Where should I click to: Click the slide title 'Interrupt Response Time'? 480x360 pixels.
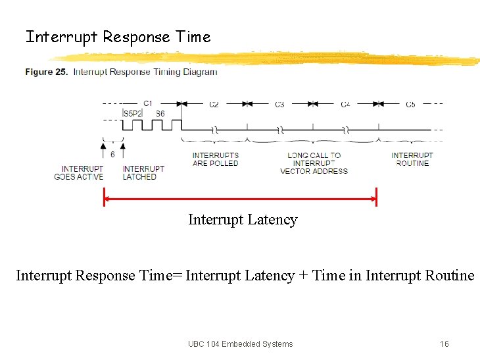coord(118,37)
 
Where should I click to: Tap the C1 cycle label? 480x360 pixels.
coord(148,103)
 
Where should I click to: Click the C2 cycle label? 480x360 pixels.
coord(214,105)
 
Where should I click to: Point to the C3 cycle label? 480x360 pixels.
coord(279,105)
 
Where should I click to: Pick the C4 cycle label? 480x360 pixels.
coord(345,105)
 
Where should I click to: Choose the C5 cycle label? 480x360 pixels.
coord(410,105)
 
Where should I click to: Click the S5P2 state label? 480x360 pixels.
coord(133,114)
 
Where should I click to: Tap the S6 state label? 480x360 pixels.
coord(160,114)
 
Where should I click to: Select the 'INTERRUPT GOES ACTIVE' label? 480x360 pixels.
coord(78,172)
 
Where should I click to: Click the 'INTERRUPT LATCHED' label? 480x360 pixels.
coord(143,172)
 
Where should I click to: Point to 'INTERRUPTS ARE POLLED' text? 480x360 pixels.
coord(215,159)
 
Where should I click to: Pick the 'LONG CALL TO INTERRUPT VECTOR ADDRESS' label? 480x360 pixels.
coord(314,163)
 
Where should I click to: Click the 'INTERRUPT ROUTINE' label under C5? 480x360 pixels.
coord(412,159)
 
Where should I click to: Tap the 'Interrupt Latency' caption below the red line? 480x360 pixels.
coord(243,220)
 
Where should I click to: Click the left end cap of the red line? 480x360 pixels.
coord(104,197)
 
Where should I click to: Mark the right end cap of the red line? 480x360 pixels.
coord(376,197)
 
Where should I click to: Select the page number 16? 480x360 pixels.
coord(444,344)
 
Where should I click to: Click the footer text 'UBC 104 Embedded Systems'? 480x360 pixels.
coord(240,344)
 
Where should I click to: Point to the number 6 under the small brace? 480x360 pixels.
coord(112,154)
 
